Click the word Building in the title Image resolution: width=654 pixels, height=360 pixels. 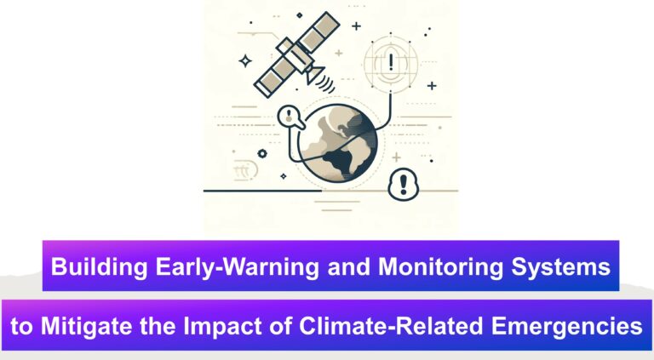(99, 266)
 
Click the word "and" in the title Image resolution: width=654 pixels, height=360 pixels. (348, 266)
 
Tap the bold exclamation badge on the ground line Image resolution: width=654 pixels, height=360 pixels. (403, 184)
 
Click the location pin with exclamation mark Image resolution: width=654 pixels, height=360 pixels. (290, 117)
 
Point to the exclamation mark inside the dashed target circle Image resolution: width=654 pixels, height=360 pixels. (391, 61)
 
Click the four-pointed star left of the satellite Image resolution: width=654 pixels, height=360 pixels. (245, 61)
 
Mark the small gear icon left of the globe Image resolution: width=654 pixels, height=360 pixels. (262, 153)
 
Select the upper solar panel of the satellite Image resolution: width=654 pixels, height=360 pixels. (319, 31)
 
